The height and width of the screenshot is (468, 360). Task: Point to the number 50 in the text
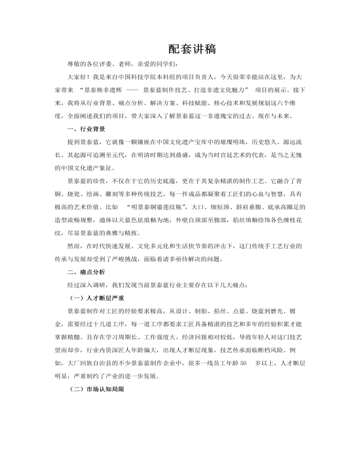[243, 363]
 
